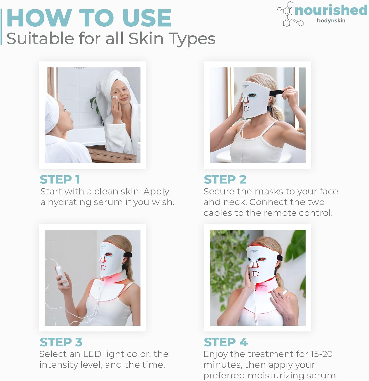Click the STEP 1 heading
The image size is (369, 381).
pos(60,179)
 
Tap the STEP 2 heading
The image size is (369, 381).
pos(225,179)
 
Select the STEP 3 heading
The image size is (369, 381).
pos(61,342)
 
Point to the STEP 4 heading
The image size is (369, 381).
pos(226,342)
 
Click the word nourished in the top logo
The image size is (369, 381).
pos(331,10)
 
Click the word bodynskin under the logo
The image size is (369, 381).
pos(331,21)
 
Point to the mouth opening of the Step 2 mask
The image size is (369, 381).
pos(246,109)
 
